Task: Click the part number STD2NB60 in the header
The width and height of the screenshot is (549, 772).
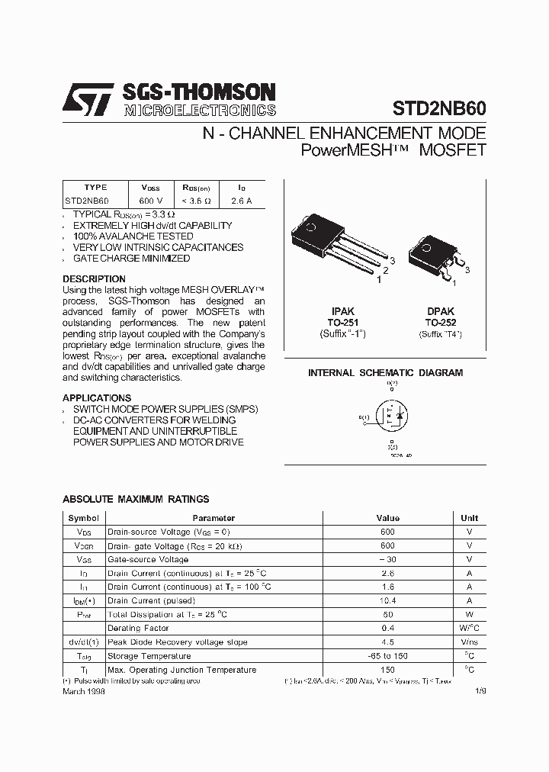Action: [x=439, y=108]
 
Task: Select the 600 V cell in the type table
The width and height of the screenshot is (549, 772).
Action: [x=145, y=201]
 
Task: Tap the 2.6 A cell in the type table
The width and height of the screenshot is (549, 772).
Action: [x=241, y=201]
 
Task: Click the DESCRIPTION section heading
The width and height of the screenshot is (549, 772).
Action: [x=94, y=279]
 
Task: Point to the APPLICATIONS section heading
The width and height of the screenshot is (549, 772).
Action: [x=97, y=398]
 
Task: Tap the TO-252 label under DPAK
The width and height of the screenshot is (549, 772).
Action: [x=440, y=323]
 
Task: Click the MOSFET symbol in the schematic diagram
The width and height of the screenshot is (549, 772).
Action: [x=390, y=417]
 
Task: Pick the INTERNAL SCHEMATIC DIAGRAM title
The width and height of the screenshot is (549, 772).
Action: [x=385, y=373]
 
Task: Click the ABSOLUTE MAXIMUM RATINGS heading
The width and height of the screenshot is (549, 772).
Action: [x=136, y=499]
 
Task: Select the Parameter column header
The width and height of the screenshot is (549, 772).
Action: [x=213, y=518]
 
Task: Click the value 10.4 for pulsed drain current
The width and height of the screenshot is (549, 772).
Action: [x=387, y=601]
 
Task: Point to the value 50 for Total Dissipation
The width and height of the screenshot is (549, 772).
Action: [x=387, y=615]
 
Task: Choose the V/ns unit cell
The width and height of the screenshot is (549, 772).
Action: [x=469, y=642]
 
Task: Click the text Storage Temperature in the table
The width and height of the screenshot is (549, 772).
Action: [x=149, y=656]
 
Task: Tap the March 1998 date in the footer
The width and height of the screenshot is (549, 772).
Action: [x=83, y=690]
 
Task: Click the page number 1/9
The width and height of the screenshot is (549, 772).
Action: [x=480, y=690]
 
